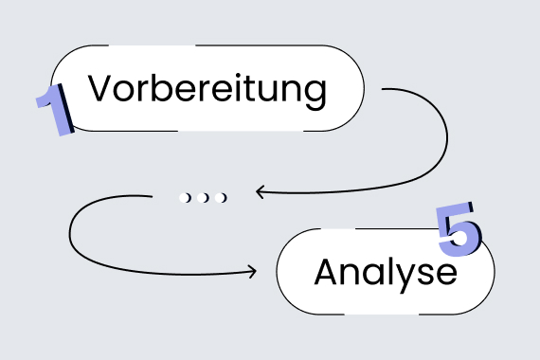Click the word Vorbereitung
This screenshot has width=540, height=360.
207,89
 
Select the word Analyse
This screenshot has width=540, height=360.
386,273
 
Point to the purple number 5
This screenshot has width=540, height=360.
459,228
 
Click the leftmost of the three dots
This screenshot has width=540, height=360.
186,197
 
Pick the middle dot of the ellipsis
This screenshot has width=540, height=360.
203,197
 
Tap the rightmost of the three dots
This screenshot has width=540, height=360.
221,197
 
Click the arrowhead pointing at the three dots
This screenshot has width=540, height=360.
258,193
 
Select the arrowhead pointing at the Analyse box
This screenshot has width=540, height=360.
251,271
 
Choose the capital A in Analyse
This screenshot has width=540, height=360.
326,272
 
